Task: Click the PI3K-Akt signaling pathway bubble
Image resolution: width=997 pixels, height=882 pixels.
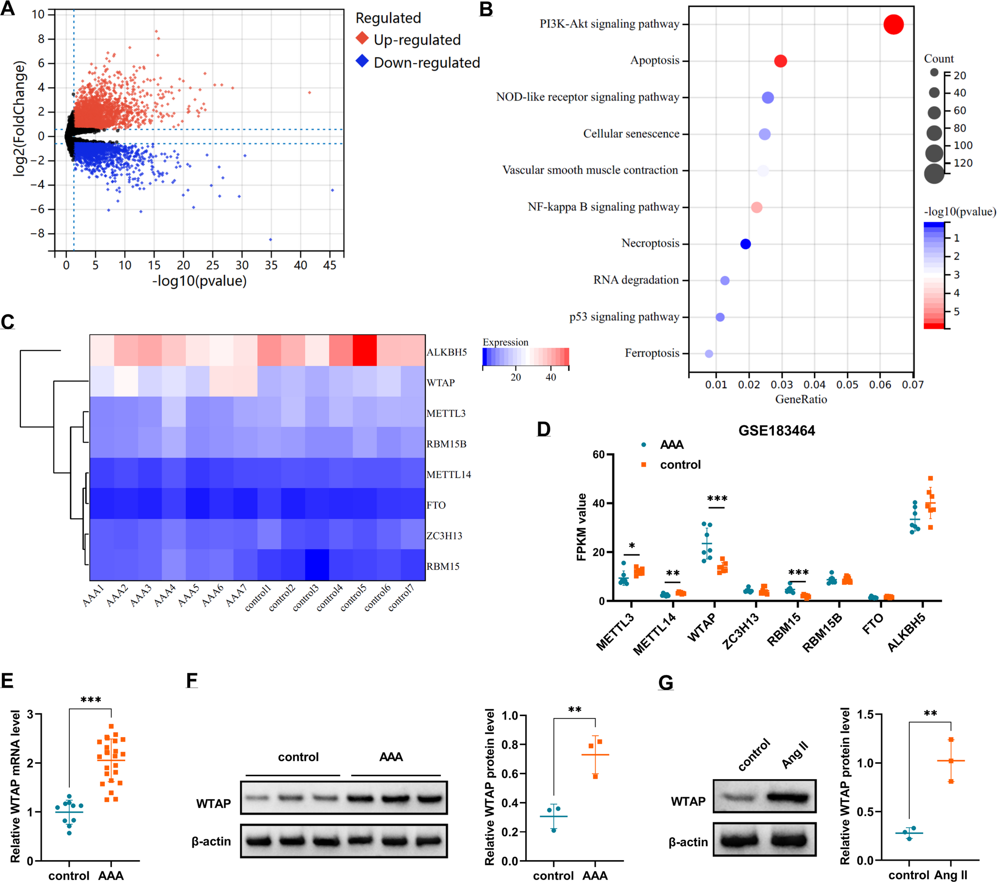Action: tap(893, 24)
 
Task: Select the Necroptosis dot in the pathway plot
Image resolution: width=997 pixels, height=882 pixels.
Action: tap(745, 244)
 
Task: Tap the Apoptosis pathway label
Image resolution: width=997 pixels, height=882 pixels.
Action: tap(655, 61)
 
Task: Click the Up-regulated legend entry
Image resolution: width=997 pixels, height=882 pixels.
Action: tap(417, 40)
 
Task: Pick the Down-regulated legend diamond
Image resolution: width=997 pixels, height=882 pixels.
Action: tap(362, 62)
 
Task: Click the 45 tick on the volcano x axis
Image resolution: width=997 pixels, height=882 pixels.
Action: tap(330, 265)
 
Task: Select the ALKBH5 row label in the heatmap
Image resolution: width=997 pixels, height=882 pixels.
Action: tap(446, 352)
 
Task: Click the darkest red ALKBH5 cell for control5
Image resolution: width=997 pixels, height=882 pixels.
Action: tap(365, 350)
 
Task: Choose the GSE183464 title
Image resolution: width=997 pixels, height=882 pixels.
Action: tap(776, 431)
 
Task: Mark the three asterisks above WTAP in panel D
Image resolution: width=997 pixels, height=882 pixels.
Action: tap(717, 499)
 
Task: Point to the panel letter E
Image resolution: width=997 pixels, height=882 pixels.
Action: tap(7, 680)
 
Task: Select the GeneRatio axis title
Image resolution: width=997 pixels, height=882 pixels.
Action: tap(801, 400)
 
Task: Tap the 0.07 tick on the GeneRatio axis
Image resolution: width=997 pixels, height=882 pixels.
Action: tap(913, 385)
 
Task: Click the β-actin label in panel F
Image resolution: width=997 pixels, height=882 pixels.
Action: tap(211, 841)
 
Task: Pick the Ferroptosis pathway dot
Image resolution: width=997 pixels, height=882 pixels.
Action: tap(709, 353)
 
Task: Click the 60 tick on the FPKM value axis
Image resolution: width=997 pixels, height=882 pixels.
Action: tap(598, 455)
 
